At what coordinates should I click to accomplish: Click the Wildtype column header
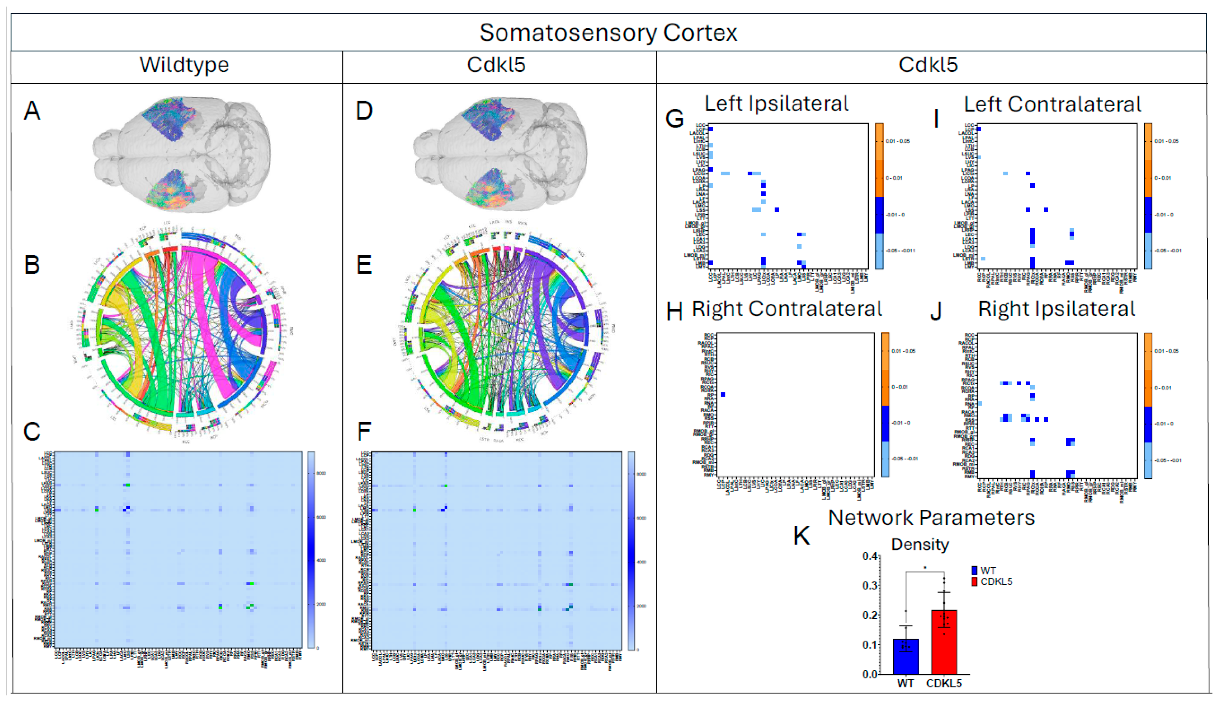point(184,65)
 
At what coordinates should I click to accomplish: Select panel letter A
point(32,111)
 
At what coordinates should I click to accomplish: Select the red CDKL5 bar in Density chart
point(943,642)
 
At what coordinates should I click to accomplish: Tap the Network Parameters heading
point(931,518)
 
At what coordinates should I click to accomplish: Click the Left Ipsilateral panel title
point(776,104)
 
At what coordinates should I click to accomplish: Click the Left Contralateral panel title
point(1052,104)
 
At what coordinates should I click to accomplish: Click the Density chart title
point(920,544)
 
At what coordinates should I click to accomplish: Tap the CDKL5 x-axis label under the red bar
point(944,684)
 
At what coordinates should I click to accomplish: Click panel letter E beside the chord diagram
point(364,265)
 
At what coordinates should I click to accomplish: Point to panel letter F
point(364,431)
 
